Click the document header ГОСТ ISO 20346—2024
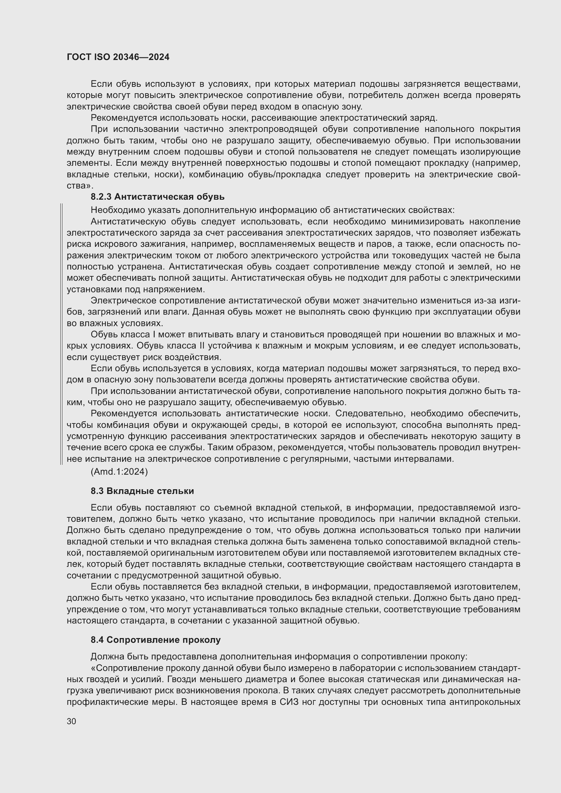pos(118,57)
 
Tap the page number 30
pos(71,721)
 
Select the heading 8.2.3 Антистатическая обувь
pos(157,197)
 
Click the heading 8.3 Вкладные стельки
pos(142,491)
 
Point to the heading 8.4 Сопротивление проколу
pos(155,640)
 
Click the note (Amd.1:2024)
pos(119,472)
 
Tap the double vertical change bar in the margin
pos(61,334)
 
